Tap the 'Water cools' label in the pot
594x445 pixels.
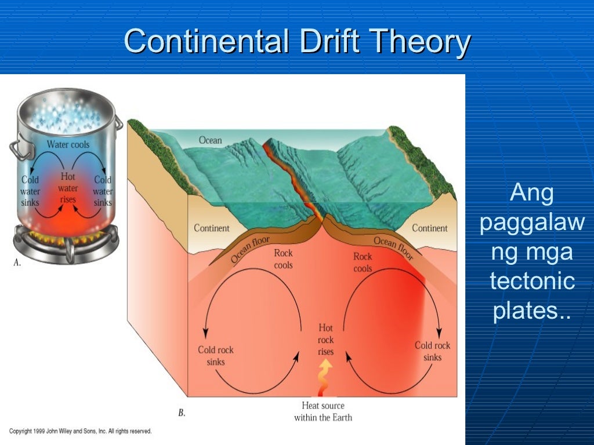coord(68,144)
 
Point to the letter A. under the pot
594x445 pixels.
coord(17,262)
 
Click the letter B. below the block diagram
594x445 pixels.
coord(181,413)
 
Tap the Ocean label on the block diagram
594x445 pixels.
coord(210,140)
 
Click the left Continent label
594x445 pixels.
coord(211,228)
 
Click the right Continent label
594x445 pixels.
coord(429,228)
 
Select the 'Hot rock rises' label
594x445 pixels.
coord(325,340)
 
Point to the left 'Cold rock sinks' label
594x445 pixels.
coord(215,356)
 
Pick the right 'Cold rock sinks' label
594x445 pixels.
coord(432,351)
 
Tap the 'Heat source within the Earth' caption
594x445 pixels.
coord(323,411)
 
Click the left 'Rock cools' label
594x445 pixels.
coord(283,259)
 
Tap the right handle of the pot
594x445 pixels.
coord(118,123)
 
